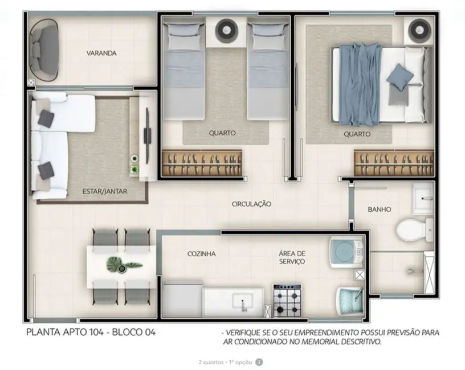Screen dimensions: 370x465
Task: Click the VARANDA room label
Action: [101, 54]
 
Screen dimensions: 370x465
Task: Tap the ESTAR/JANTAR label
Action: [104, 192]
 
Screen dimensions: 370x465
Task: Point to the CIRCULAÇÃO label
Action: [251, 204]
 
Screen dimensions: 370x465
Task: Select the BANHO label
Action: [379, 209]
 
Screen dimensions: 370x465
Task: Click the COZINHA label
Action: [201, 254]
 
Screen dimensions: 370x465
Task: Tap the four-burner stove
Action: [287, 300]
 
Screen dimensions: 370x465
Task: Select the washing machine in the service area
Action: [346, 251]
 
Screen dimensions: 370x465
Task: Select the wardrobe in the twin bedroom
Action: [202, 163]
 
